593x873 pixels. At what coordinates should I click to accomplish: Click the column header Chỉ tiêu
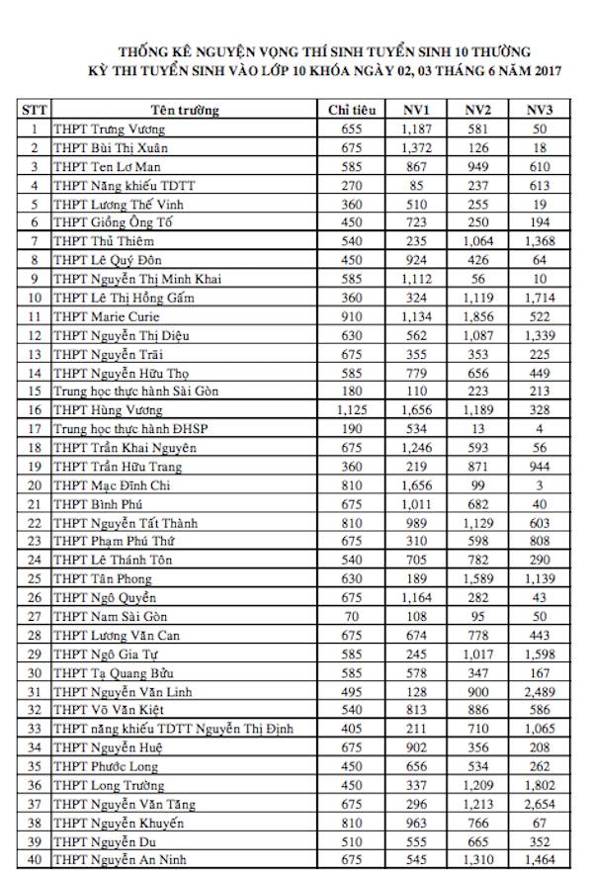(353, 110)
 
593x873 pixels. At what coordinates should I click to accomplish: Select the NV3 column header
(539, 110)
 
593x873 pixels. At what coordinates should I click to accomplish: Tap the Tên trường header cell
(185, 110)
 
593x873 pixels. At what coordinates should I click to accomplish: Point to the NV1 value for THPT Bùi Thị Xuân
(419, 147)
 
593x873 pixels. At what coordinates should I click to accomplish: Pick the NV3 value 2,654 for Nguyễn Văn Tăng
(539, 803)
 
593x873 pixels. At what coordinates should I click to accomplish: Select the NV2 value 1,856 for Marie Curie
(479, 316)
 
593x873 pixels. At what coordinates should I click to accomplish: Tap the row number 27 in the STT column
(35, 615)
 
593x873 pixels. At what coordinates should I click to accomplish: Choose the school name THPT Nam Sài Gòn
(104, 615)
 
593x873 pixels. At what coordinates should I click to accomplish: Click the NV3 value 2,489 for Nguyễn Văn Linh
(539, 690)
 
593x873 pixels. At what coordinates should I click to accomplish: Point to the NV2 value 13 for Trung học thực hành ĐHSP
(479, 429)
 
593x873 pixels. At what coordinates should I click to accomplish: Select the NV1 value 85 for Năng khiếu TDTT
(419, 185)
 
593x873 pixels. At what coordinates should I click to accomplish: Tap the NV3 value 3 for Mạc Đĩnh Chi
(539, 484)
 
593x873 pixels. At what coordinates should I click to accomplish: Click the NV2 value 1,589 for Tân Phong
(479, 578)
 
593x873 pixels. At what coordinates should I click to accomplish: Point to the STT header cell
(35, 110)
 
